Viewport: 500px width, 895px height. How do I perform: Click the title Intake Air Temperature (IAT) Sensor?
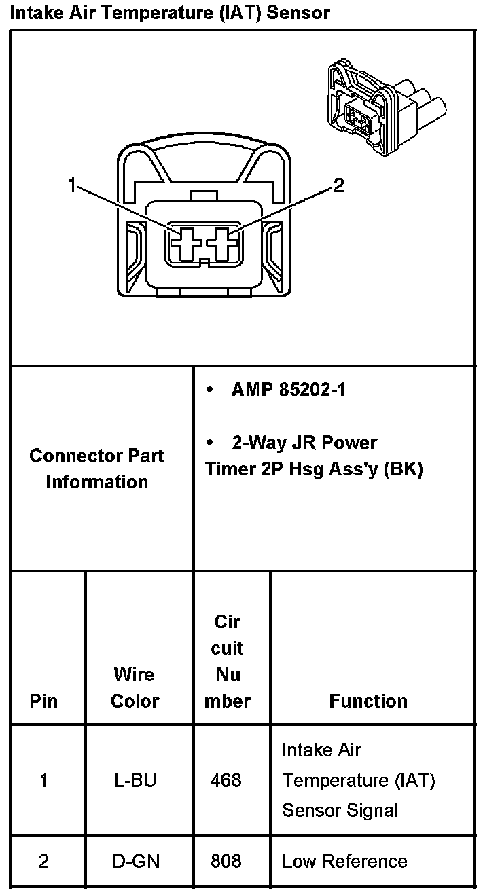point(170,12)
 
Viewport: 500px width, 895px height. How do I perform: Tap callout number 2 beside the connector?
point(338,185)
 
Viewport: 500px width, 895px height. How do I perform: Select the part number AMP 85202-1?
point(289,390)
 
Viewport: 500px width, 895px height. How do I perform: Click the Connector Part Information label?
point(96,469)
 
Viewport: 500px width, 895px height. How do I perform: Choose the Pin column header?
point(44,701)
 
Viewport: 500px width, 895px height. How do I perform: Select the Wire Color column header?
point(135,687)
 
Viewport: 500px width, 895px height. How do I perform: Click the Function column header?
point(368,701)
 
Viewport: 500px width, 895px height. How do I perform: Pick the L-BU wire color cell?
point(135,780)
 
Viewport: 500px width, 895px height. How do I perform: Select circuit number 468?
point(226,780)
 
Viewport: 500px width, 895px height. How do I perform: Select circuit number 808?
point(226,862)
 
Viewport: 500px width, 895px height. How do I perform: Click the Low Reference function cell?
point(344,862)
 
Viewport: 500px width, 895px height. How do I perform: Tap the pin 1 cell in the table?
point(44,780)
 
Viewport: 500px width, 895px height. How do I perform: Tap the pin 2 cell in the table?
point(44,862)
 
